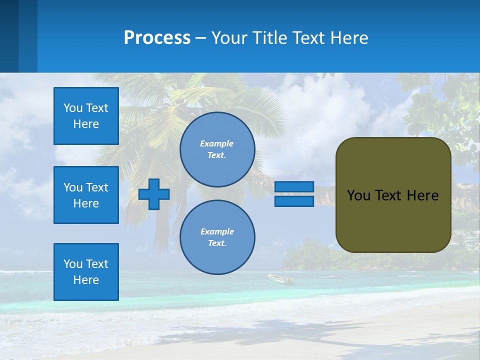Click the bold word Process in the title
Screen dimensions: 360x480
point(157,38)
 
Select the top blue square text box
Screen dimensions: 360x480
point(86,116)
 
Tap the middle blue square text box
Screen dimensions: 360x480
point(86,195)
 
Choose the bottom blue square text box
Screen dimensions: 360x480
point(86,272)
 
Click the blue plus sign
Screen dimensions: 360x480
point(154,194)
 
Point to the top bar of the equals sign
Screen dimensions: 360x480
point(294,187)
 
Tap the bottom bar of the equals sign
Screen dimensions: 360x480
point(294,201)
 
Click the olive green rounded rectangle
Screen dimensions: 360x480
point(393,220)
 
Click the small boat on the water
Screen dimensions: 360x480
point(281,278)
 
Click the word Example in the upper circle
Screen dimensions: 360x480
point(216,143)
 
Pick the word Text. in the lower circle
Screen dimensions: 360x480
point(217,243)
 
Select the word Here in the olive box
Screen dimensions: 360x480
point(422,195)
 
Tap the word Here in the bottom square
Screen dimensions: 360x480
point(86,280)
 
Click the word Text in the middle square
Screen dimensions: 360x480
point(96,187)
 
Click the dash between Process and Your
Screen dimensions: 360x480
point(200,38)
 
